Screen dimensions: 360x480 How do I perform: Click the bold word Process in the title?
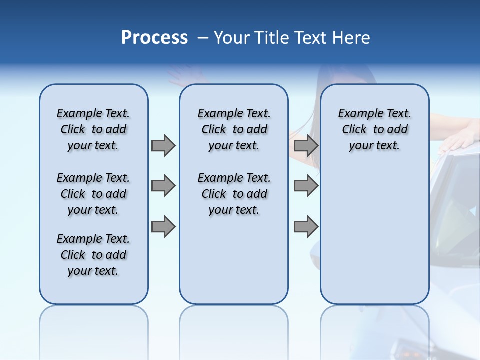tap(154, 38)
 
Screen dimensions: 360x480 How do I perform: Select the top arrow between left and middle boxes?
tap(163, 145)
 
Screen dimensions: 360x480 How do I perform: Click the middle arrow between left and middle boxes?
tap(163, 186)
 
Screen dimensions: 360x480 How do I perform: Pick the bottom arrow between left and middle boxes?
tap(163, 227)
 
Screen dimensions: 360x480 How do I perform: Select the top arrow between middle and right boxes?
tap(306, 145)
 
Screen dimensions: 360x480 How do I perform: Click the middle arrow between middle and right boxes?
tap(306, 186)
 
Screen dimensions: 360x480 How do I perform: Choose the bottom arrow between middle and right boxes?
tap(306, 227)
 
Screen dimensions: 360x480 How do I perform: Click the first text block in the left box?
tap(93, 129)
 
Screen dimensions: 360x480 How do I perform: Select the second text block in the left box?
tap(93, 194)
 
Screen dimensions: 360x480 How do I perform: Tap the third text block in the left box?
tap(93, 255)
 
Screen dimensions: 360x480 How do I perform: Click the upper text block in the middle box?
tap(234, 129)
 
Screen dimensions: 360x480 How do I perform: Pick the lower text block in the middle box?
tap(234, 194)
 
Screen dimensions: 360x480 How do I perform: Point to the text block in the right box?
tap(374, 129)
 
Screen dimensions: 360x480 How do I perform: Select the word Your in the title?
tap(232, 38)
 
